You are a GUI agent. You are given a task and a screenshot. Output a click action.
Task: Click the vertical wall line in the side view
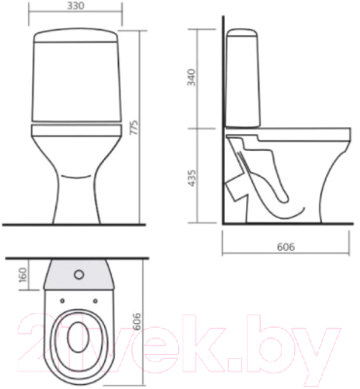(223, 146)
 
